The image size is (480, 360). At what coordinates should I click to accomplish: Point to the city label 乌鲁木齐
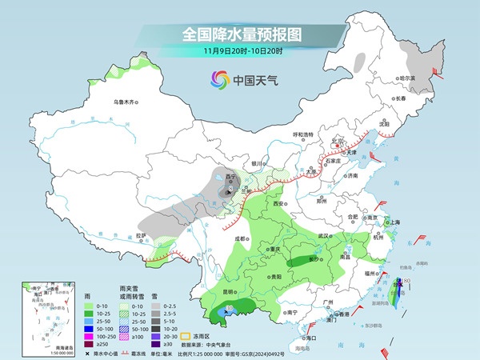(125, 102)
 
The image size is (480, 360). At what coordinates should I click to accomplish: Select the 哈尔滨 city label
(407, 78)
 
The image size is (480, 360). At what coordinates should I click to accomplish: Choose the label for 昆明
(208, 291)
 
